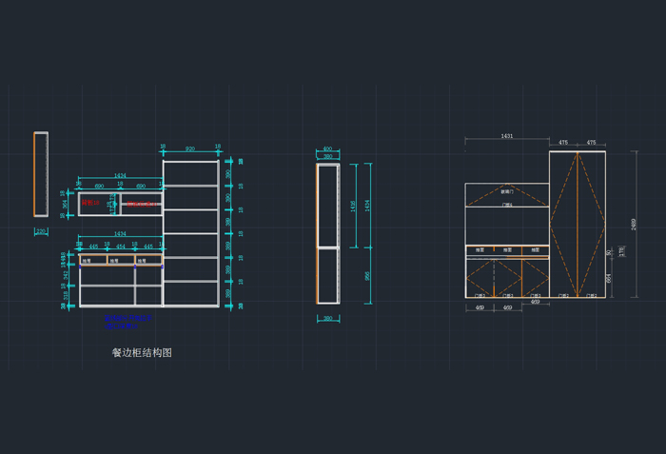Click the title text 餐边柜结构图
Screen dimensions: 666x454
[142, 352]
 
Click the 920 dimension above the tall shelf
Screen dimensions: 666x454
[190, 149]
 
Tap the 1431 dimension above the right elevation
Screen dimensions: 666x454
[506, 137]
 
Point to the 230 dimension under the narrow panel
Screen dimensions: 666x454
[41, 231]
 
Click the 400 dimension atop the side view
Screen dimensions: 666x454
[327, 149]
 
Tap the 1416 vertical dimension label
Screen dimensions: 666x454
[354, 205]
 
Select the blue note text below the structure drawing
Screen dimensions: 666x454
[127, 322]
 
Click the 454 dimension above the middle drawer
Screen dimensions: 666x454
[121, 247]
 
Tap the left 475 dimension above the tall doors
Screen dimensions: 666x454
[563, 143]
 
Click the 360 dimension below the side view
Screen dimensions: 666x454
[327, 319]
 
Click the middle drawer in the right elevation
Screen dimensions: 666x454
[508, 250]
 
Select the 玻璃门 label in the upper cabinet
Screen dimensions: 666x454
[507, 191]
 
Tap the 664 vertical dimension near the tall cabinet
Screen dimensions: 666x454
[608, 278]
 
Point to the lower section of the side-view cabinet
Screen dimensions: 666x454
[327, 275]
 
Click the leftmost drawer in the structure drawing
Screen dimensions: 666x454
[93, 260]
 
